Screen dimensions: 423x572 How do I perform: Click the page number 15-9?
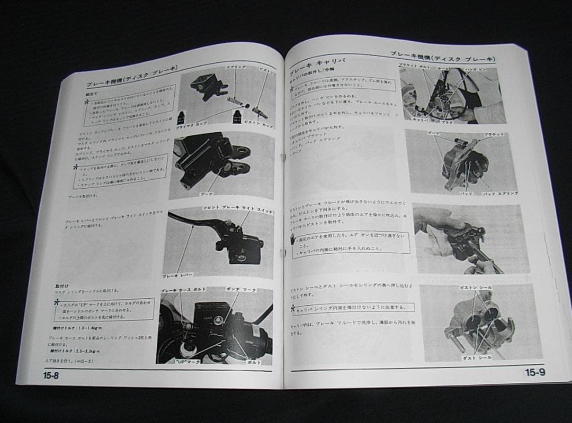tap(534, 372)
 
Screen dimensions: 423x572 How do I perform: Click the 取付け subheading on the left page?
tap(62, 286)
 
